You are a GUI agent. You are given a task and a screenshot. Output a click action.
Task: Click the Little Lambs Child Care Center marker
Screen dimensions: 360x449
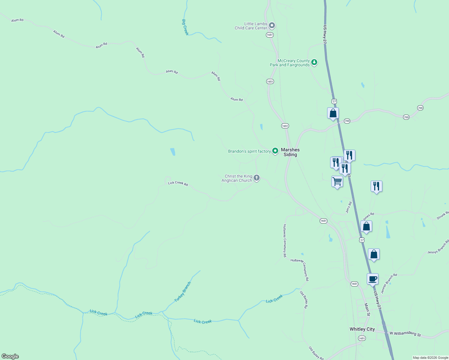point(272,25)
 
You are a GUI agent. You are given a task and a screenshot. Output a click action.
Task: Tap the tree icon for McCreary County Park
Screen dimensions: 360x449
point(314,62)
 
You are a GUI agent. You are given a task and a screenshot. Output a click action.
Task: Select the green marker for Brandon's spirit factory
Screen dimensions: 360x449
point(275,151)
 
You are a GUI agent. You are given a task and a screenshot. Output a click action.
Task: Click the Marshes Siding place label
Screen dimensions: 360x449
point(290,152)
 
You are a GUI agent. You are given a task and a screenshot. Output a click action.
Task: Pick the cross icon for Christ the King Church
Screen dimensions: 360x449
point(256,178)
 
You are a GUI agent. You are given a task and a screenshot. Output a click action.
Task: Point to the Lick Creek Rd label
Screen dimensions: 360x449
point(178,183)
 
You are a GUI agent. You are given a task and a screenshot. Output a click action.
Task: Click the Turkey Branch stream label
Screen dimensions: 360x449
point(183,292)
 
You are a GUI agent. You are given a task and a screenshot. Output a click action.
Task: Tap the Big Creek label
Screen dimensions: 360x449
point(185,27)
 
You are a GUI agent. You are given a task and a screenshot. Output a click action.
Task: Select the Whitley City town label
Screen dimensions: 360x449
point(362,329)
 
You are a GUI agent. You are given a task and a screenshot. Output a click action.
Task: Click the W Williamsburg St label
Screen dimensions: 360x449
point(405,334)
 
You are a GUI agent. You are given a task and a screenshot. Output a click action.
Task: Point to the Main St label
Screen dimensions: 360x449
point(367,310)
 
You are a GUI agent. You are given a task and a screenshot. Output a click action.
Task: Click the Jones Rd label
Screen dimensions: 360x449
point(369,216)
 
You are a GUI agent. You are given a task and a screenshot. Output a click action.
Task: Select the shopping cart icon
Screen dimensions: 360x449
point(337,181)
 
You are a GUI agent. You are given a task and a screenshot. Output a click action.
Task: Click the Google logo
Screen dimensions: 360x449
point(10,356)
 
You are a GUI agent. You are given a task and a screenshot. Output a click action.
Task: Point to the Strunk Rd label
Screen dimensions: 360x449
point(443,215)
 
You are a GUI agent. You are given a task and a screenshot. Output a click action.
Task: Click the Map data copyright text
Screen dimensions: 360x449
point(430,358)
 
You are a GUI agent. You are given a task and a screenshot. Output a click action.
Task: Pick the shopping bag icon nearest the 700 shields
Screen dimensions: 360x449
point(333,113)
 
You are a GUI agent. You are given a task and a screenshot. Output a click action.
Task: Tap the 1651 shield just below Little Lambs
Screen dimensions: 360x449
point(270,35)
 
